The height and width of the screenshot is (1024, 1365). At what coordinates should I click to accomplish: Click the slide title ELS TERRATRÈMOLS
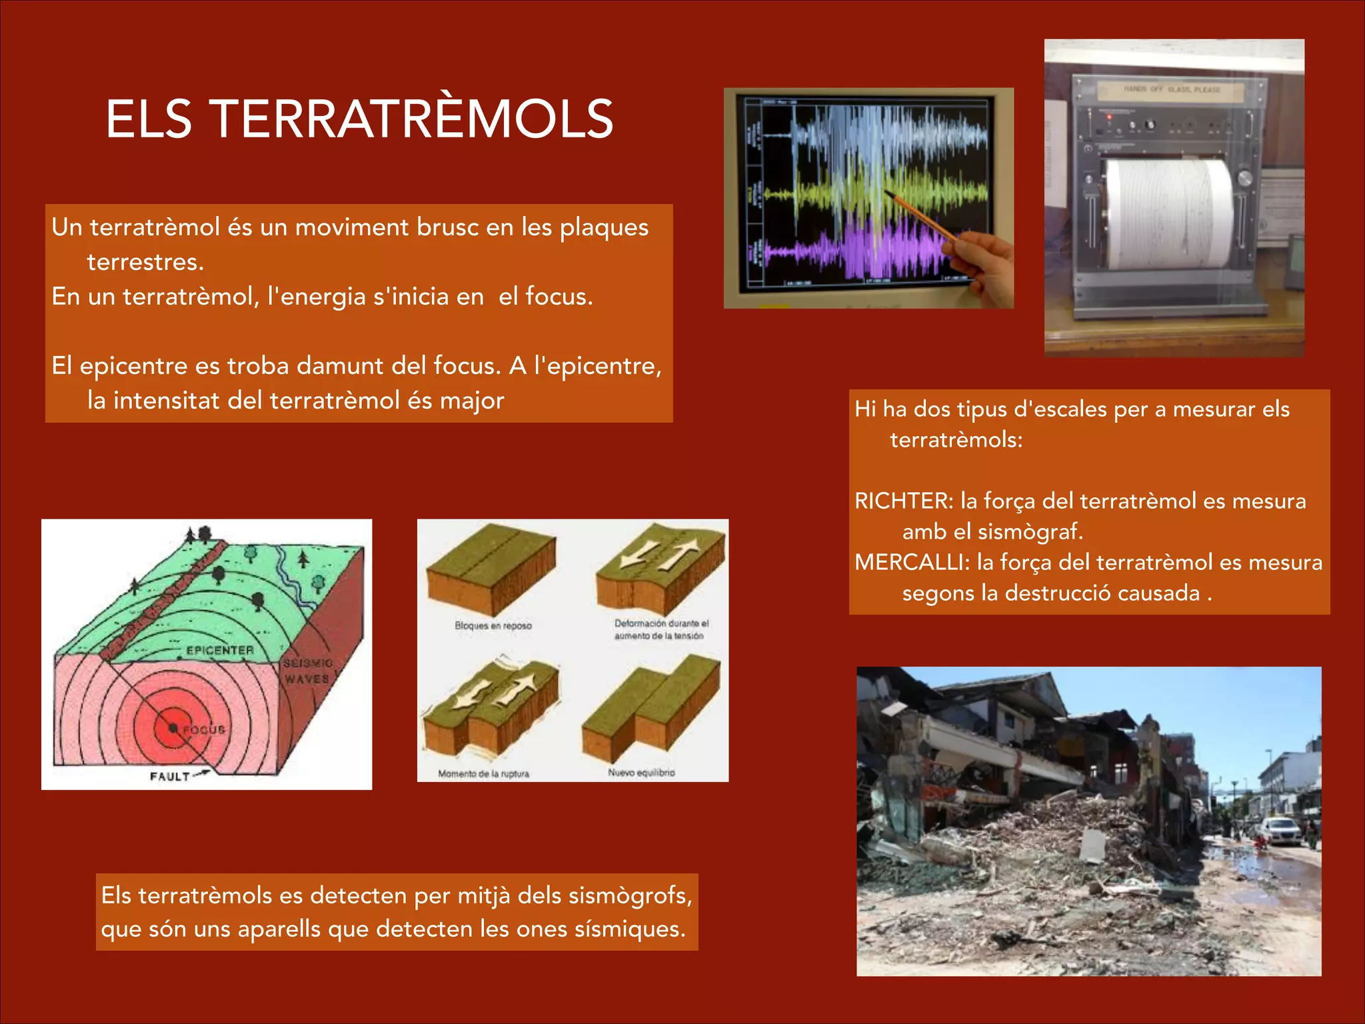[x=359, y=119]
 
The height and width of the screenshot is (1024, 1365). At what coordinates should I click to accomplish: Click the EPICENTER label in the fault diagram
[x=220, y=650]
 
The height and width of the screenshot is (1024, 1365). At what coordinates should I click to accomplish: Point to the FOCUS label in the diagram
[x=204, y=730]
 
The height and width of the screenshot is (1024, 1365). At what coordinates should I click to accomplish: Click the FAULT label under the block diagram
[x=170, y=777]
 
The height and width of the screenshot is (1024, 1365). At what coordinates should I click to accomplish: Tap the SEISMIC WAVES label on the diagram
[x=307, y=671]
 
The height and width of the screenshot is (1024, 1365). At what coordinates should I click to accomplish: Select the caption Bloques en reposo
[x=493, y=625]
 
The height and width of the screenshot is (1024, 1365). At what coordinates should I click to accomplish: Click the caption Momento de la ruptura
[x=483, y=774]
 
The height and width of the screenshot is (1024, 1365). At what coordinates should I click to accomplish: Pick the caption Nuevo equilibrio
[x=641, y=773]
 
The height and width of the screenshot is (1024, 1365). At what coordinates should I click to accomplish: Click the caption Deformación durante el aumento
[x=661, y=629]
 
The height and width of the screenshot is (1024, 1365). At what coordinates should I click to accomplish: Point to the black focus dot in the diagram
[x=173, y=729]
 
